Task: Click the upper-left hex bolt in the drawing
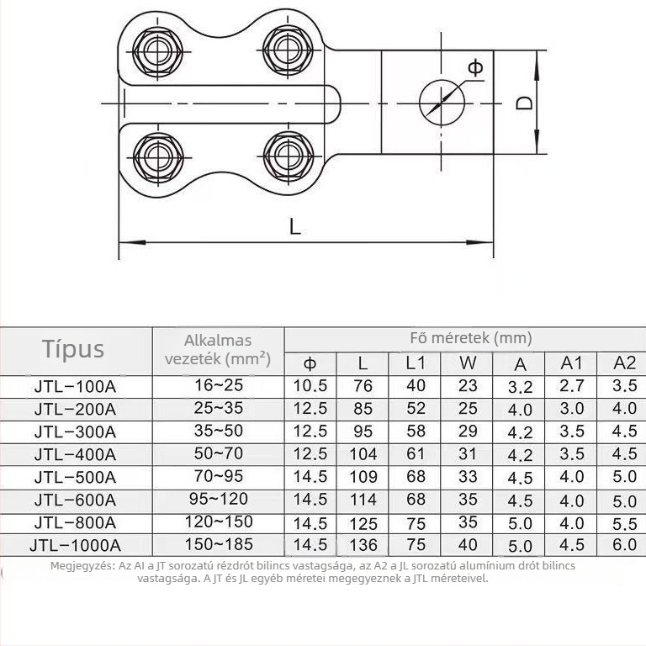pyautogui.click(x=158, y=51)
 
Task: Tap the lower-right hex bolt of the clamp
pyautogui.click(x=288, y=156)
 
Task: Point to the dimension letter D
pyautogui.click(x=524, y=103)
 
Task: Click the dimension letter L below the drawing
pyautogui.click(x=295, y=226)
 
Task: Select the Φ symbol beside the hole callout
pyautogui.click(x=475, y=67)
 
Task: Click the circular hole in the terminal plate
pyautogui.click(x=442, y=103)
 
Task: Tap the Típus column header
pyautogui.click(x=73, y=349)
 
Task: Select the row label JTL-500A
pyautogui.click(x=75, y=477)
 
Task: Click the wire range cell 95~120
pyautogui.click(x=219, y=499)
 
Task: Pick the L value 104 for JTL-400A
pyautogui.click(x=363, y=454)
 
